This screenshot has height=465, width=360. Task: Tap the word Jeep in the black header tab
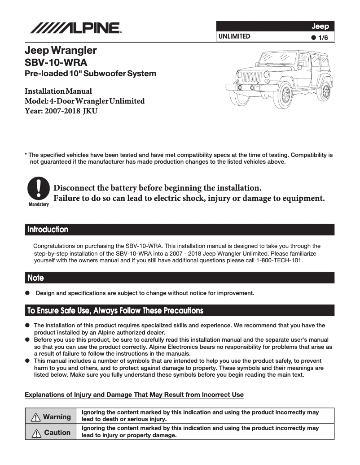(x=320, y=26)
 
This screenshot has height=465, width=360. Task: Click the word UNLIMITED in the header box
(x=234, y=36)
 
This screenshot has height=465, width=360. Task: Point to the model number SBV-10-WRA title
(x=56, y=62)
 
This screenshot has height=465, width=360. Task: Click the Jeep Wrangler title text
(x=61, y=50)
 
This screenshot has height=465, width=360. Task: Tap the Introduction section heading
(x=48, y=230)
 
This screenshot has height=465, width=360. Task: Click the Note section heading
(x=35, y=278)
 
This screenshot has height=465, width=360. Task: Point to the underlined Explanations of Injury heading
(x=134, y=395)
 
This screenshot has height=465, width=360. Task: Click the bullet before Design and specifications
(x=27, y=293)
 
